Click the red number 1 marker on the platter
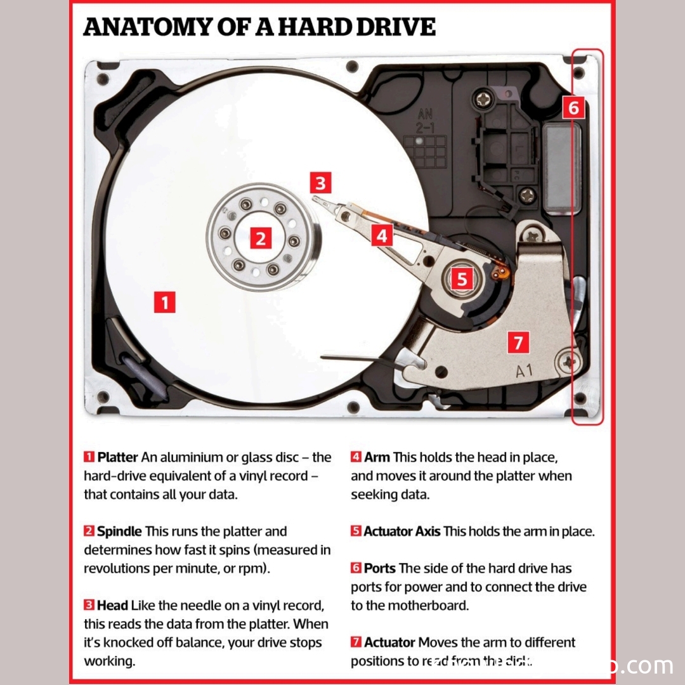(x=164, y=303)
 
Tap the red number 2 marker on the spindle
(x=260, y=239)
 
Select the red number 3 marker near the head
(x=320, y=183)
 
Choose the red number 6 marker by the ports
(x=573, y=108)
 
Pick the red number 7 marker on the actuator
(x=518, y=343)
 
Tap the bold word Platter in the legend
(x=117, y=457)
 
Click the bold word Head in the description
(x=112, y=606)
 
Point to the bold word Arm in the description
(x=377, y=457)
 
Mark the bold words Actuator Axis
(x=401, y=532)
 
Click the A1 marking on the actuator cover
(x=524, y=371)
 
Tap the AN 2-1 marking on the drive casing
(x=425, y=121)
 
